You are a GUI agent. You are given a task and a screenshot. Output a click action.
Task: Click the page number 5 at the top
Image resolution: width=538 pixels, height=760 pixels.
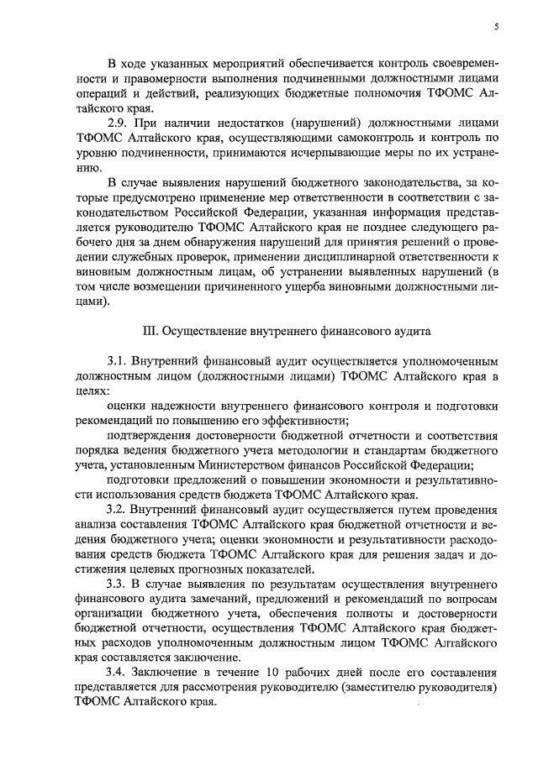[496, 27]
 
